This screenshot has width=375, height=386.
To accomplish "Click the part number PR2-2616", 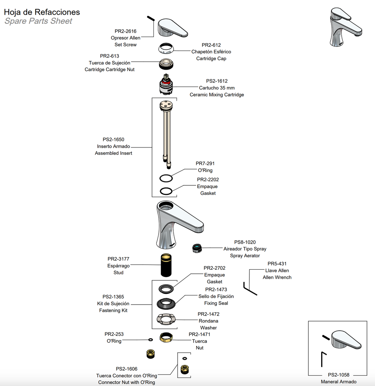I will (125, 31).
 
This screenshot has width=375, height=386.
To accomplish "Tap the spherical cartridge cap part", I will (166, 48).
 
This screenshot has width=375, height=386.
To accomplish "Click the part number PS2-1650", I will (113, 139).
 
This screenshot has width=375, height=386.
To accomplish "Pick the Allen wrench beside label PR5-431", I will (250, 289).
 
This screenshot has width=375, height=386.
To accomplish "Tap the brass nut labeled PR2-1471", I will (167, 337).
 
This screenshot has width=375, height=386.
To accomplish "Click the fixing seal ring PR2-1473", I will (167, 304).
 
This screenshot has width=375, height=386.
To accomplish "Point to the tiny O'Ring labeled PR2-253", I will (151, 339).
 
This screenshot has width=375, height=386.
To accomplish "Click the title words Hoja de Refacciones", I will (42, 12).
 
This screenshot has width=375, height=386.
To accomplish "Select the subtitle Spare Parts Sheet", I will (38, 21).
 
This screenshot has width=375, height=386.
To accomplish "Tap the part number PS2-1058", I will (338, 375).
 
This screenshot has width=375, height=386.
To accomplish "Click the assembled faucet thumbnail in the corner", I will (345, 28).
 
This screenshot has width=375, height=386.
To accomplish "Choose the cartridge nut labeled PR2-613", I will (167, 64).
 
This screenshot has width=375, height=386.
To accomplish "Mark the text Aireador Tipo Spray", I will (245, 249).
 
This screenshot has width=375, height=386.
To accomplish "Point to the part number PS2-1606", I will (126, 369).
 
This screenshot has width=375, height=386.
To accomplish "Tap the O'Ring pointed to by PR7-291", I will (166, 178).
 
